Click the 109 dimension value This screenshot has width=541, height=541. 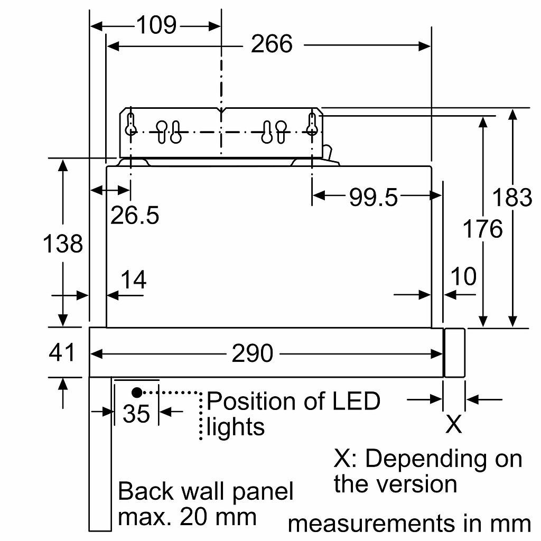tap(156, 25)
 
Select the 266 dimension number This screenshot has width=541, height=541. tap(272, 44)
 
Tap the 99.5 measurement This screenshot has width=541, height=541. tap(374, 198)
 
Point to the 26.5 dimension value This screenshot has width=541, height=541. tap(135, 216)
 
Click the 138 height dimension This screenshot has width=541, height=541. tap(63, 243)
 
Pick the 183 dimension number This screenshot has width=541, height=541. tap(512, 198)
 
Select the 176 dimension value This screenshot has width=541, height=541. tap(482, 229)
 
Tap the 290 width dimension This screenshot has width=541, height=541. tap(252, 353)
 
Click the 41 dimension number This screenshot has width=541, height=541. tap(61, 352)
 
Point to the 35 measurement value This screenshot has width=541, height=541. tap(136, 413)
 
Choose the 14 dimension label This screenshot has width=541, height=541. tap(133, 279)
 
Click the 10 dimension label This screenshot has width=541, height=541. tap(463, 276)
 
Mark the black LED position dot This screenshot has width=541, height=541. tap(137, 393)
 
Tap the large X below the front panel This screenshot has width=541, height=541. tap(453, 424)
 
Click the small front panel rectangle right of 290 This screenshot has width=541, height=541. tap(454, 352)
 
